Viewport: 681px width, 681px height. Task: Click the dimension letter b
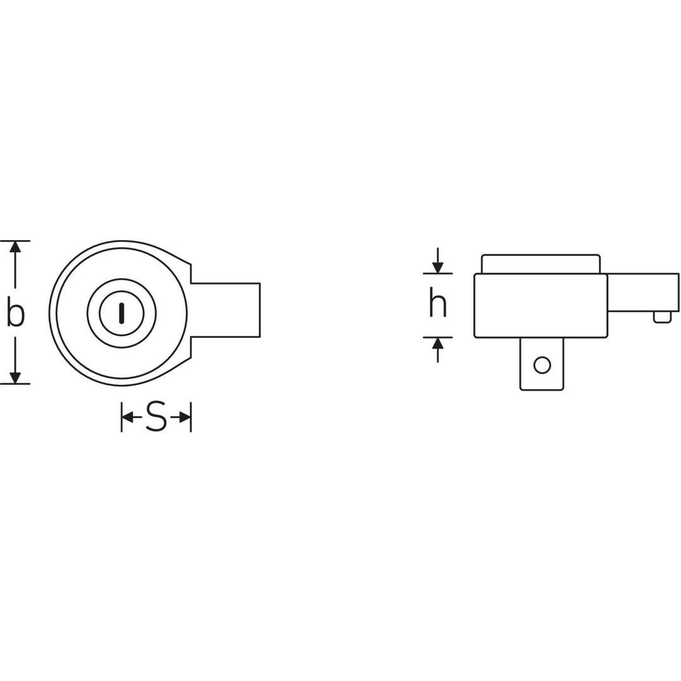click(x=15, y=313)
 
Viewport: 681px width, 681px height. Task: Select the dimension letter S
click(x=156, y=417)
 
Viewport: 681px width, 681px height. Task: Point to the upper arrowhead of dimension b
click(x=15, y=247)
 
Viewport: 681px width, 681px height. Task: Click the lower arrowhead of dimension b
click(x=15, y=378)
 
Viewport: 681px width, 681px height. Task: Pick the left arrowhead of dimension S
click(x=127, y=417)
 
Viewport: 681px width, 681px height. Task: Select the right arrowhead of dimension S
click(x=185, y=417)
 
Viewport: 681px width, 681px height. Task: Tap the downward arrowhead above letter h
click(x=438, y=268)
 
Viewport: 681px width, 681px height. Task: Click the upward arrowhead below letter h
click(x=438, y=343)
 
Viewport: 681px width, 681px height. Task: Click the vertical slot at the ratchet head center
click(x=122, y=313)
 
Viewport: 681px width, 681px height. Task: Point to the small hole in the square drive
click(x=542, y=364)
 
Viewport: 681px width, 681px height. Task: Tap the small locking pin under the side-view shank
click(x=662, y=317)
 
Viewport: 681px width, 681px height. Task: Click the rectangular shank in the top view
click(x=227, y=310)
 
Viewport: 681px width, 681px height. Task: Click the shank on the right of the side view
click(x=643, y=293)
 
